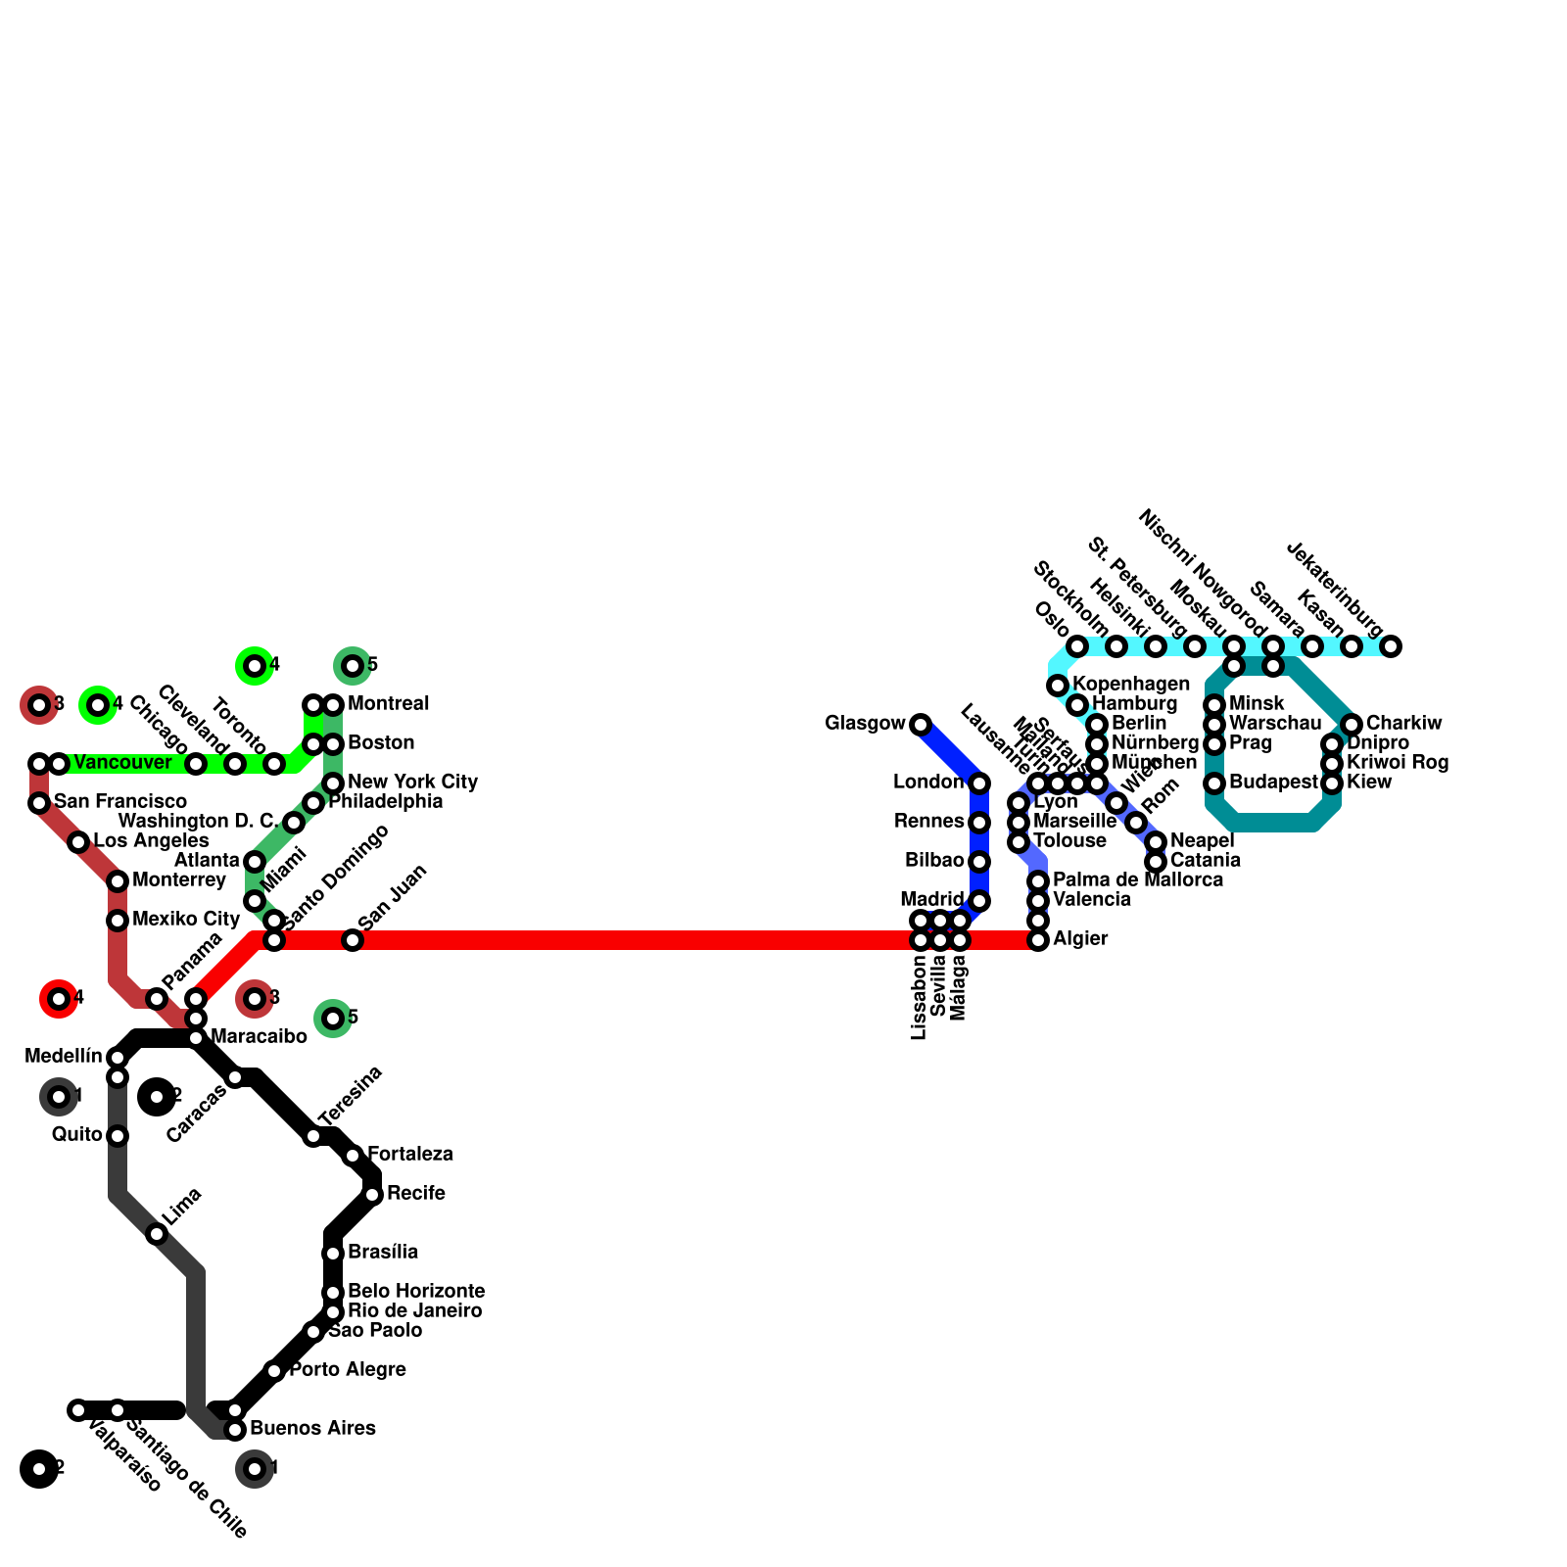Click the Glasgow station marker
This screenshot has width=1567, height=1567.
point(920,725)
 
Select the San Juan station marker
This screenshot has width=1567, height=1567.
point(353,940)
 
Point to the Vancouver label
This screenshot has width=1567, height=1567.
point(122,763)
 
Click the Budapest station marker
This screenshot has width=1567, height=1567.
point(1214,783)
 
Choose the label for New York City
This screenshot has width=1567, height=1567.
point(412,783)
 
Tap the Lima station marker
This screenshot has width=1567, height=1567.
point(157,1234)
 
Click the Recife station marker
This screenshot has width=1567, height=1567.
point(372,1195)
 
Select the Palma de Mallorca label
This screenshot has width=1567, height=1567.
point(1137,880)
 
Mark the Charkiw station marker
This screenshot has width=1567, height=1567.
point(1352,725)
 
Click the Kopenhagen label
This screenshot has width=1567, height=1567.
point(1130,685)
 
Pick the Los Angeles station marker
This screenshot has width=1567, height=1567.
point(78,842)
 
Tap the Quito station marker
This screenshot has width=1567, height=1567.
point(118,1136)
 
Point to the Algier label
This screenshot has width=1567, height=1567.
point(1080,939)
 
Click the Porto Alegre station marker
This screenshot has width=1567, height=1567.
point(274,1371)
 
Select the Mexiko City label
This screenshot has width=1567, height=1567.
point(186,920)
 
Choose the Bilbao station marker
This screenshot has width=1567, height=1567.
point(979,862)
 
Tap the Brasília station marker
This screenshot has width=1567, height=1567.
point(333,1254)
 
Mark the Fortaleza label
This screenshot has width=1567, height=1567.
point(409,1155)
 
